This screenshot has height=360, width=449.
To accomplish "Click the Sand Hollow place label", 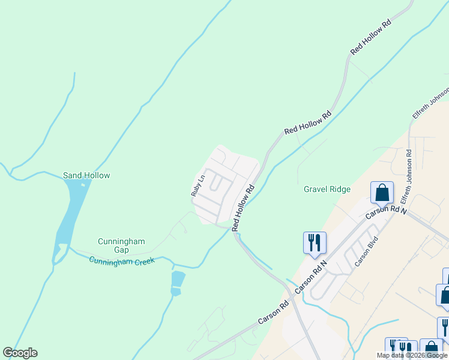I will (86, 175).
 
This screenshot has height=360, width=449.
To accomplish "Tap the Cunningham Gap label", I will (121, 245).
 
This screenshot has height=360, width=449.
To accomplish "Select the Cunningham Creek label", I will (122, 260).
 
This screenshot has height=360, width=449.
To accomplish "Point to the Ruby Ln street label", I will (198, 185).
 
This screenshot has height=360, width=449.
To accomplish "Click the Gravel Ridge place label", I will (327, 189).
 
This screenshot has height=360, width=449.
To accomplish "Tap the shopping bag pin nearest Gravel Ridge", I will (382, 193).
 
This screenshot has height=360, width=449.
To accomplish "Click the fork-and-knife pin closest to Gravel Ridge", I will (315, 243).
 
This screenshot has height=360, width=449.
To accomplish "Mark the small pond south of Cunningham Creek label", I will (177, 280).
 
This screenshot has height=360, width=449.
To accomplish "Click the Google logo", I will (20, 353).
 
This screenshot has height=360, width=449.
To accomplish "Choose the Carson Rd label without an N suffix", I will (273, 311).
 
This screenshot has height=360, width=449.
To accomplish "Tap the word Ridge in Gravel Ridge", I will (339, 189).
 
